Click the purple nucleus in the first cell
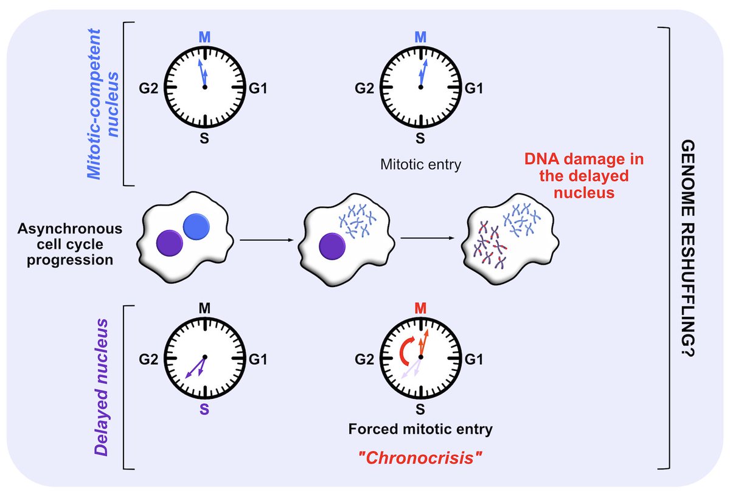[x=169, y=244]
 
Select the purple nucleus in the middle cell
[x=332, y=247]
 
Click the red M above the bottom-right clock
[x=419, y=309]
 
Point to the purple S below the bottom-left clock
[x=204, y=409]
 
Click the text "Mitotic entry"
[x=419, y=164]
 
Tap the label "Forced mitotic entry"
[x=420, y=429]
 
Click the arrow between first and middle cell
[x=266, y=240]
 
